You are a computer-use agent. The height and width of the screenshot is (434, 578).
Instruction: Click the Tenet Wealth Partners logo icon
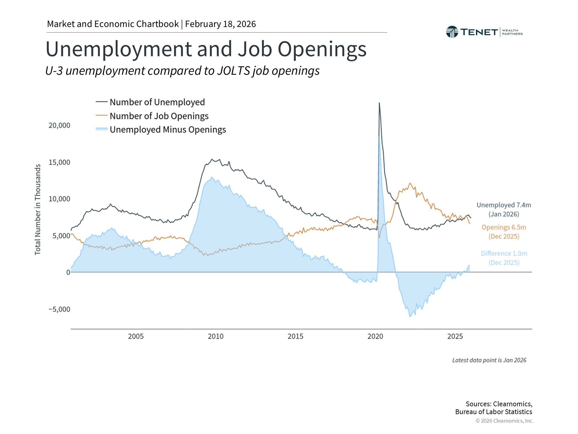click(452, 32)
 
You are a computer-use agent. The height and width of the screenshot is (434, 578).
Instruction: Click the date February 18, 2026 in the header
click(220, 24)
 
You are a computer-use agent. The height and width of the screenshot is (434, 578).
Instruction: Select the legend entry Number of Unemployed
click(157, 102)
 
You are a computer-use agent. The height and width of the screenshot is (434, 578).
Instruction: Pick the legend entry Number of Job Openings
click(159, 116)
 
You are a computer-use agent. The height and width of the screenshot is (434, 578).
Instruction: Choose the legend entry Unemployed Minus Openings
click(167, 130)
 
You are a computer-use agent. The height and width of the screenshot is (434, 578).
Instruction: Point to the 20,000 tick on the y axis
click(59, 125)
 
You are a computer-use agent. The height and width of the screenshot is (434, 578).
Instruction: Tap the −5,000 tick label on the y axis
click(59, 309)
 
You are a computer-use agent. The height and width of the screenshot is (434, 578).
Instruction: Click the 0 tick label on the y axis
click(68, 272)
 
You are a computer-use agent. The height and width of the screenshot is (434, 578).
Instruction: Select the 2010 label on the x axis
click(216, 336)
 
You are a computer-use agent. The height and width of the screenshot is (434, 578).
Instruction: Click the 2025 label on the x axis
click(455, 336)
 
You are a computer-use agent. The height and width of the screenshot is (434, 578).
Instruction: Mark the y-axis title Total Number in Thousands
click(38, 209)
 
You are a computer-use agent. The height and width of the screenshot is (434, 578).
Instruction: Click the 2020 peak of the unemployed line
click(379, 103)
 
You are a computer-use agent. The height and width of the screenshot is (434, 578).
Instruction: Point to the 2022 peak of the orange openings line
click(410, 183)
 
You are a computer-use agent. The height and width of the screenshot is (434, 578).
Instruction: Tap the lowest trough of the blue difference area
click(410, 316)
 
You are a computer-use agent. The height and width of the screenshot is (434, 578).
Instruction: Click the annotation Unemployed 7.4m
click(504, 205)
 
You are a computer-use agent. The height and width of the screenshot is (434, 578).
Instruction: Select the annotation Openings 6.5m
click(504, 228)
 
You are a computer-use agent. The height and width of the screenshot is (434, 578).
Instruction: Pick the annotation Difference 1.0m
click(504, 254)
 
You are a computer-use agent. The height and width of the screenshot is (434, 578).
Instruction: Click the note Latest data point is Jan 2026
click(489, 360)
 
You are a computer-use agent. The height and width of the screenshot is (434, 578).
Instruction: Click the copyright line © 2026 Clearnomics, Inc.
click(504, 421)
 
